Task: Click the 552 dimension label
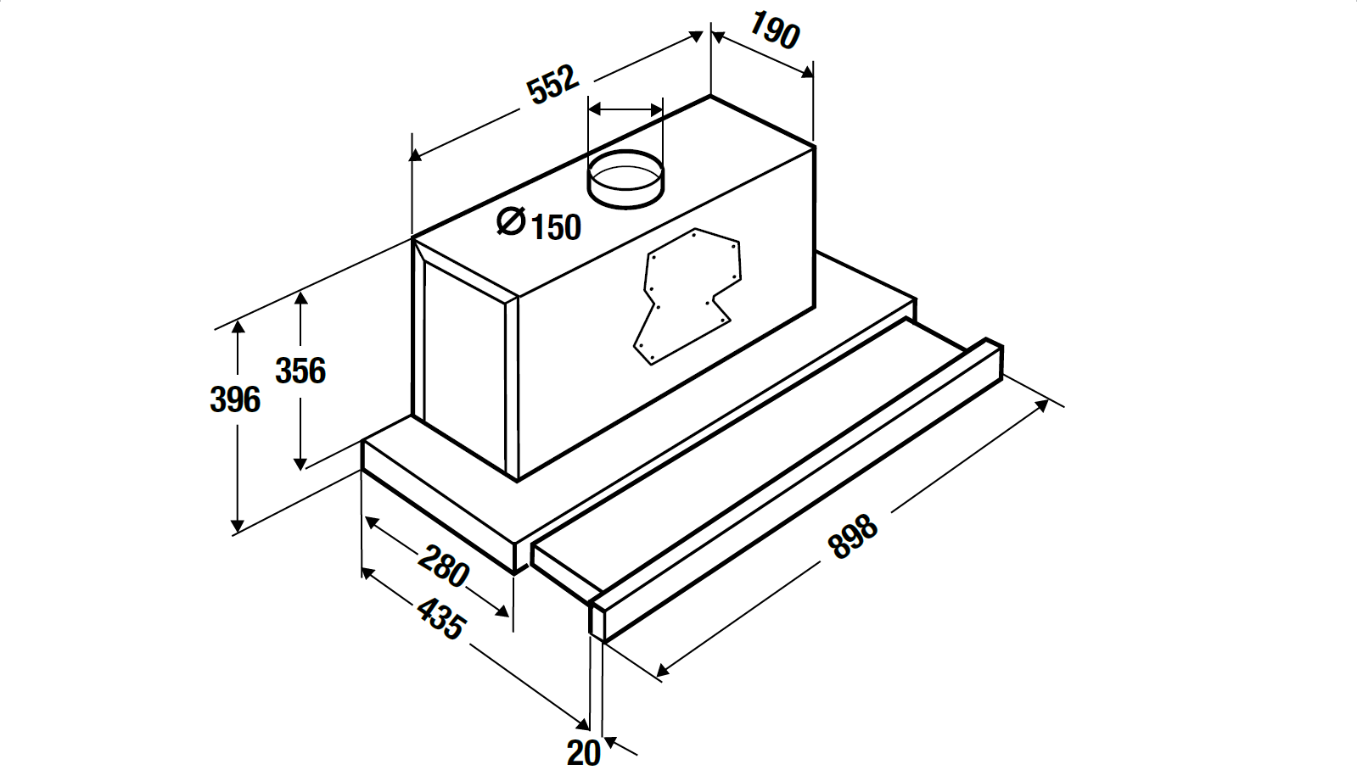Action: [x=552, y=84]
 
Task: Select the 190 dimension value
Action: [x=774, y=31]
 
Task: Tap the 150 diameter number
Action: [x=556, y=227]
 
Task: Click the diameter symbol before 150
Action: [x=511, y=221]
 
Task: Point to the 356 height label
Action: [x=300, y=371]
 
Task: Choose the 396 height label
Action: [x=234, y=399]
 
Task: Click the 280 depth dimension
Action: [x=443, y=566]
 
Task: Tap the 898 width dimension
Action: [x=853, y=537]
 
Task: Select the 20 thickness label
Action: [x=583, y=752]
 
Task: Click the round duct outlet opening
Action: [x=626, y=178]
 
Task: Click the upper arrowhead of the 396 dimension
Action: [x=238, y=327]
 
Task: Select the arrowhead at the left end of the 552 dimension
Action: [x=416, y=155]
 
